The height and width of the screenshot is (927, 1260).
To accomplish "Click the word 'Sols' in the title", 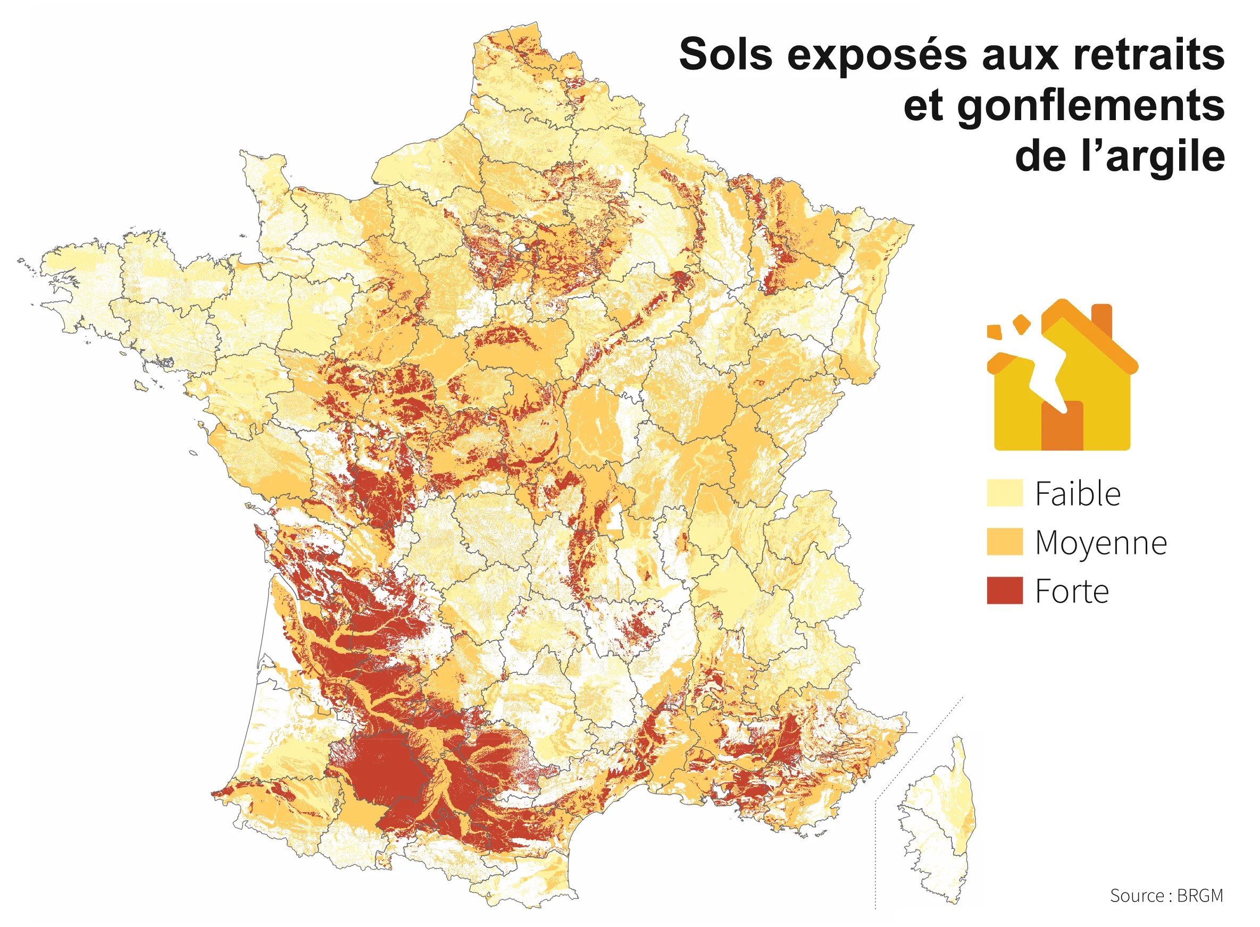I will [725, 55].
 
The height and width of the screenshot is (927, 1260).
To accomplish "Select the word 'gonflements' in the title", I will [1090, 106].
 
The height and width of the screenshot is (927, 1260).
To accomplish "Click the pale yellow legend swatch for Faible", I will [1004, 493].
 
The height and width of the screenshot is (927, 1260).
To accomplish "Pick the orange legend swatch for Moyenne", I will [1004, 542].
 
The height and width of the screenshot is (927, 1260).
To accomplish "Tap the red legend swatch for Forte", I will [1004, 591].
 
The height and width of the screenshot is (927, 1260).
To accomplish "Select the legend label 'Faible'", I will [1078, 494].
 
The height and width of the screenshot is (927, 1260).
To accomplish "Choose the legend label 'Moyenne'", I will [1100, 543].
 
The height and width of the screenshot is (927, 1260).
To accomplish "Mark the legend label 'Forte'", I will [1071, 592].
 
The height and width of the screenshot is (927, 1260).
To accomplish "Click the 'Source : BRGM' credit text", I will [1166, 896].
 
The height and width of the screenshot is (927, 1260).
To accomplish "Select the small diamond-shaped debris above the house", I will [1021, 324].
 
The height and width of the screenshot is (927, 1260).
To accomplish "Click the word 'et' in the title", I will [924, 106].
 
